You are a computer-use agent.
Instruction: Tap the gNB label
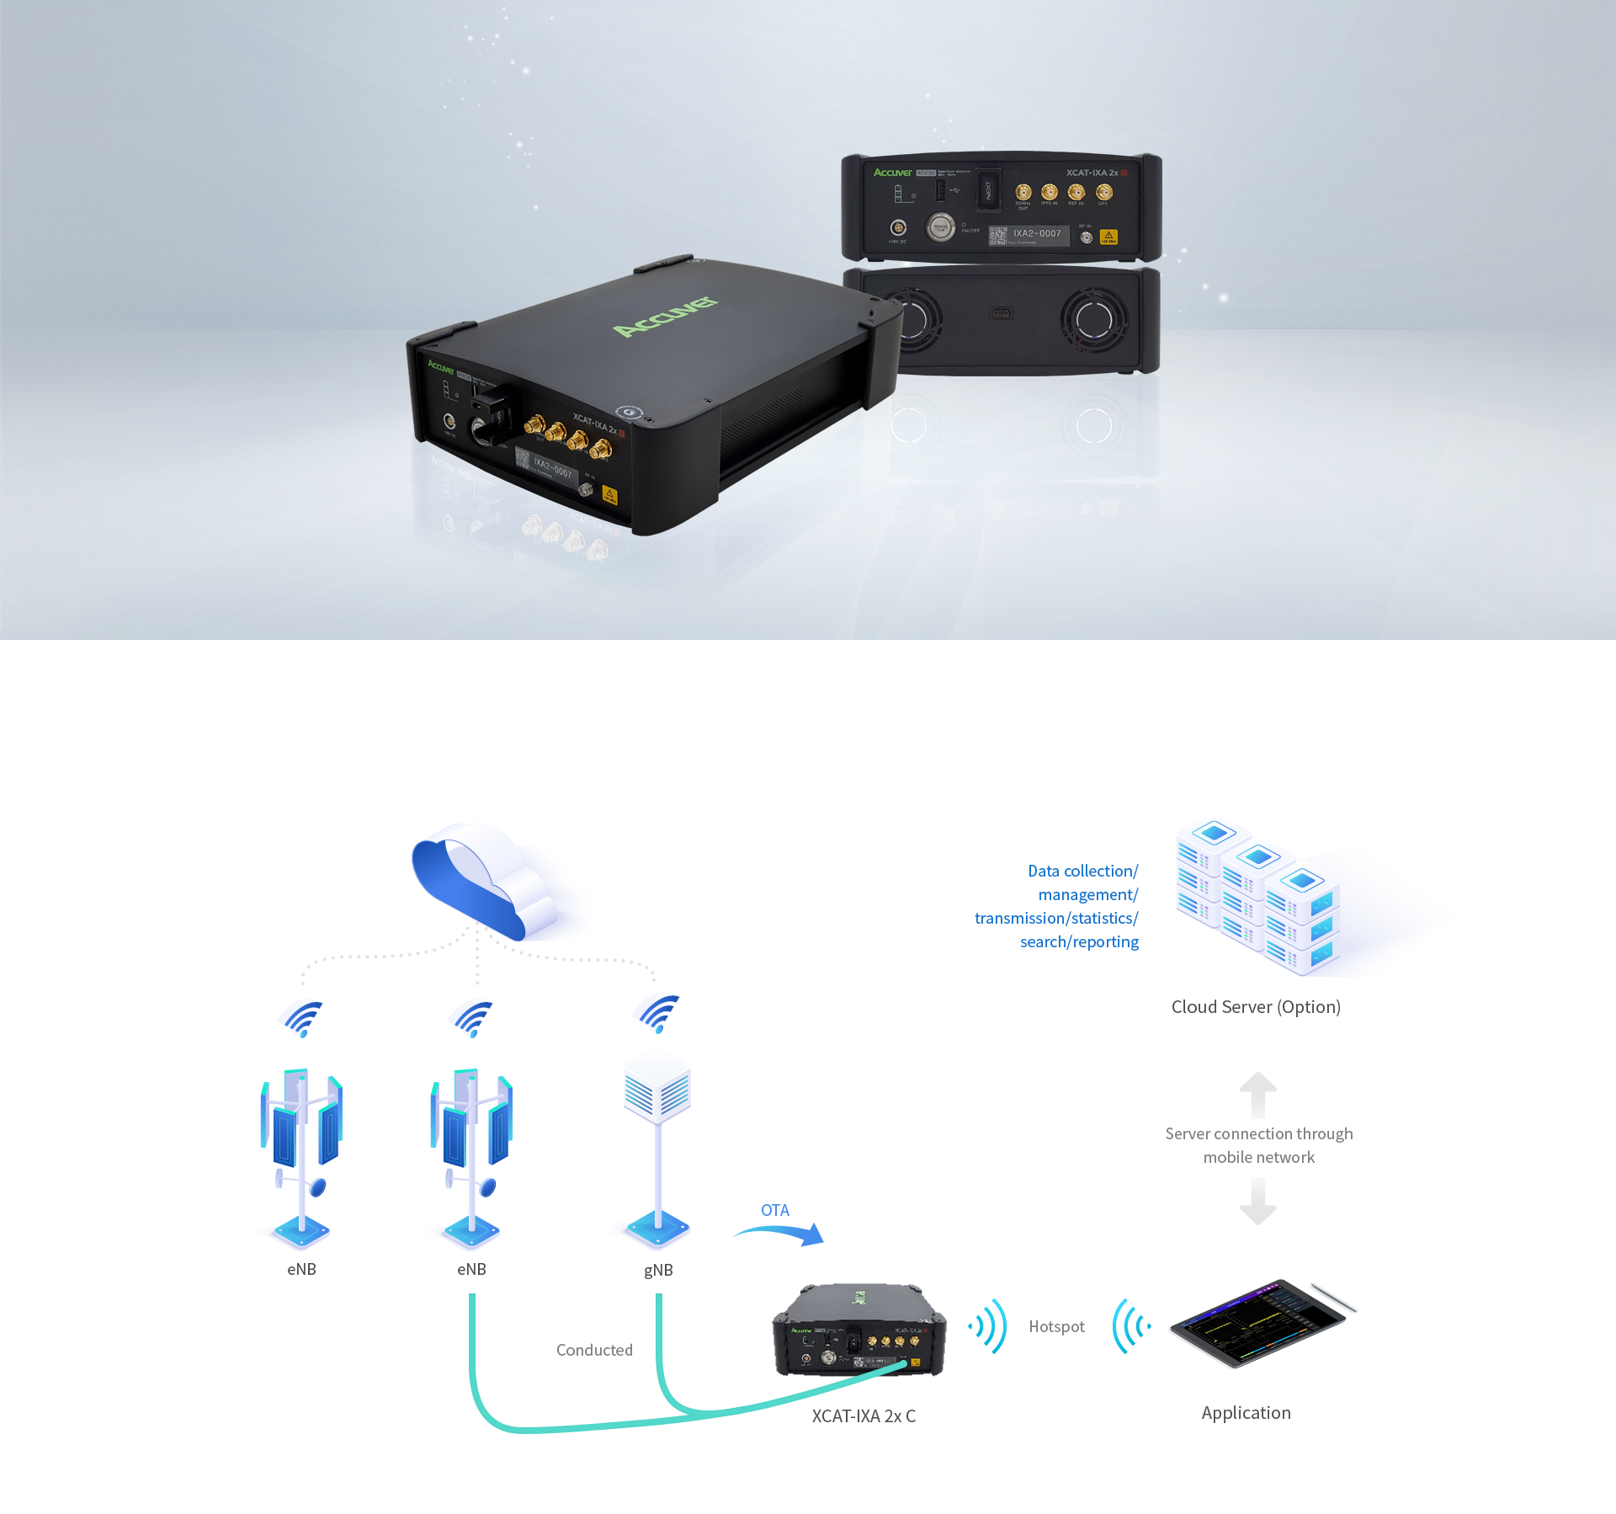point(658,1270)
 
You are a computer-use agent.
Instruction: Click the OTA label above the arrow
point(774,1210)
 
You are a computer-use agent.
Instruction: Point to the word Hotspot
point(1056,1326)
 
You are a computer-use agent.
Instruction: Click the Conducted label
point(594,1350)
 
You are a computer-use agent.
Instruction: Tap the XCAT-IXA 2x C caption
point(864,1416)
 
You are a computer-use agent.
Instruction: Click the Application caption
point(1246,1413)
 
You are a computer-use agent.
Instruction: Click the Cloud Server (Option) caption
point(1256,1007)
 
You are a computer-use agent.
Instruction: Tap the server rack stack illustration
point(1258,897)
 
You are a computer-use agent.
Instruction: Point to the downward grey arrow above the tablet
point(1258,1202)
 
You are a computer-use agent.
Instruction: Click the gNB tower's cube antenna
point(657,1090)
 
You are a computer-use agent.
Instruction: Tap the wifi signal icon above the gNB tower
point(658,1014)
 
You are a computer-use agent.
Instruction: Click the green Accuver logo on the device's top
point(665,317)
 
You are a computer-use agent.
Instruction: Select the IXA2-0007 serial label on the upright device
point(1037,234)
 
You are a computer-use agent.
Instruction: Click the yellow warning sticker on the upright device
point(1108,237)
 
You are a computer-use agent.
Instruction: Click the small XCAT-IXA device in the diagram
point(858,1330)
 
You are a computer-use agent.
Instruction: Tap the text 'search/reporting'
point(1079,941)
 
